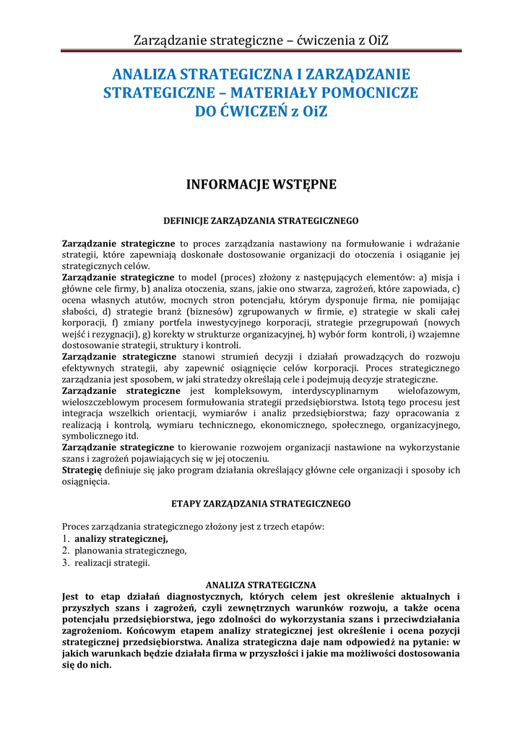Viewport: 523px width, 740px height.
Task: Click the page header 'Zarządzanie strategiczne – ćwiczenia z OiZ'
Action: point(261,39)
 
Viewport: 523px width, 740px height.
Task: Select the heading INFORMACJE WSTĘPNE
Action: point(261,184)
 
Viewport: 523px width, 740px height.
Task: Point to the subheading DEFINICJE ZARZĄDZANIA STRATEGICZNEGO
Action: point(261,219)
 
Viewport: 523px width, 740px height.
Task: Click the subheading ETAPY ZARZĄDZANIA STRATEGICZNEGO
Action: point(261,502)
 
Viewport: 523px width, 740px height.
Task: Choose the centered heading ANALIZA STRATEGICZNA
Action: point(261,584)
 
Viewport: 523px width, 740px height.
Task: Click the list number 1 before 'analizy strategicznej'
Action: point(65,538)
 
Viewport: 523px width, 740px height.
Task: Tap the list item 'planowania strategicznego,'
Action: point(131,551)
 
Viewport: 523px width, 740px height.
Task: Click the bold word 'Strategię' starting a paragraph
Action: point(82,470)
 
